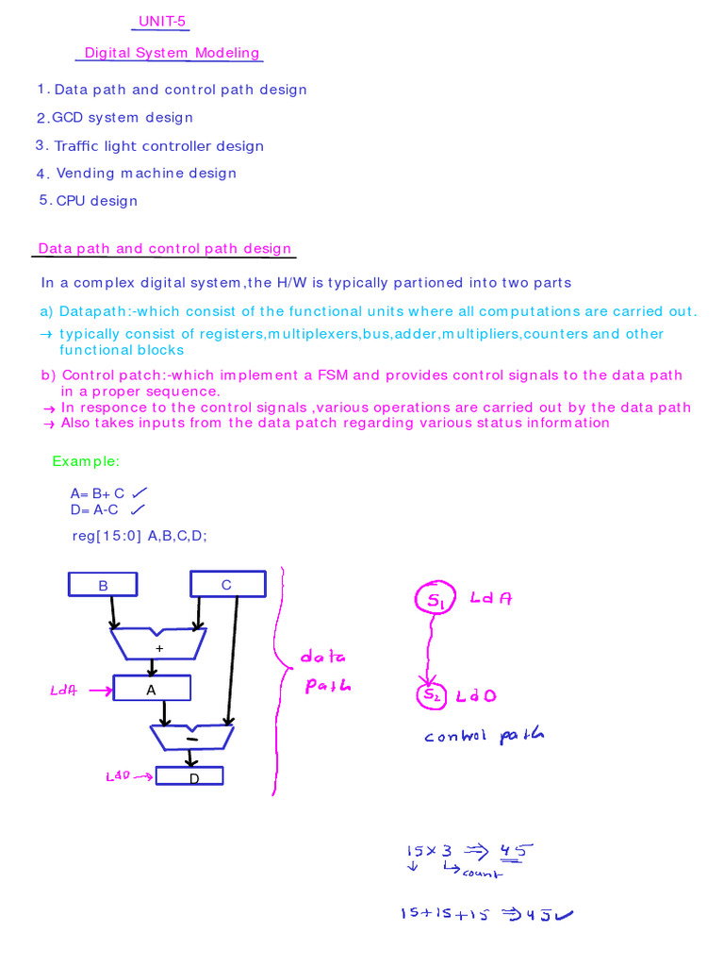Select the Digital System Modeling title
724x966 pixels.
(x=172, y=53)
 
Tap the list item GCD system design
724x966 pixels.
(x=122, y=118)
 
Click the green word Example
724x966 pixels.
(x=86, y=461)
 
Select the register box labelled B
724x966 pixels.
(x=103, y=586)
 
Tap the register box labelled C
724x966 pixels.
(x=226, y=585)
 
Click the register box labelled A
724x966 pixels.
(x=151, y=690)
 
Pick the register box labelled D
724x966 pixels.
(x=189, y=777)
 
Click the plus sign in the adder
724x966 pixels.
(x=159, y=649)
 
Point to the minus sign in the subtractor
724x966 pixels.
(x=191, y=740)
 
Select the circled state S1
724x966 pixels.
(x=433, y=599)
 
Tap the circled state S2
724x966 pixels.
(x=430, y=696)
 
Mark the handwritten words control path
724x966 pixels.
(x=484, y=736)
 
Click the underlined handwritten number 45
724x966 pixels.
(x=515, y=851)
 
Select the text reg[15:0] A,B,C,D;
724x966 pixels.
(x=140, y=535)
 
